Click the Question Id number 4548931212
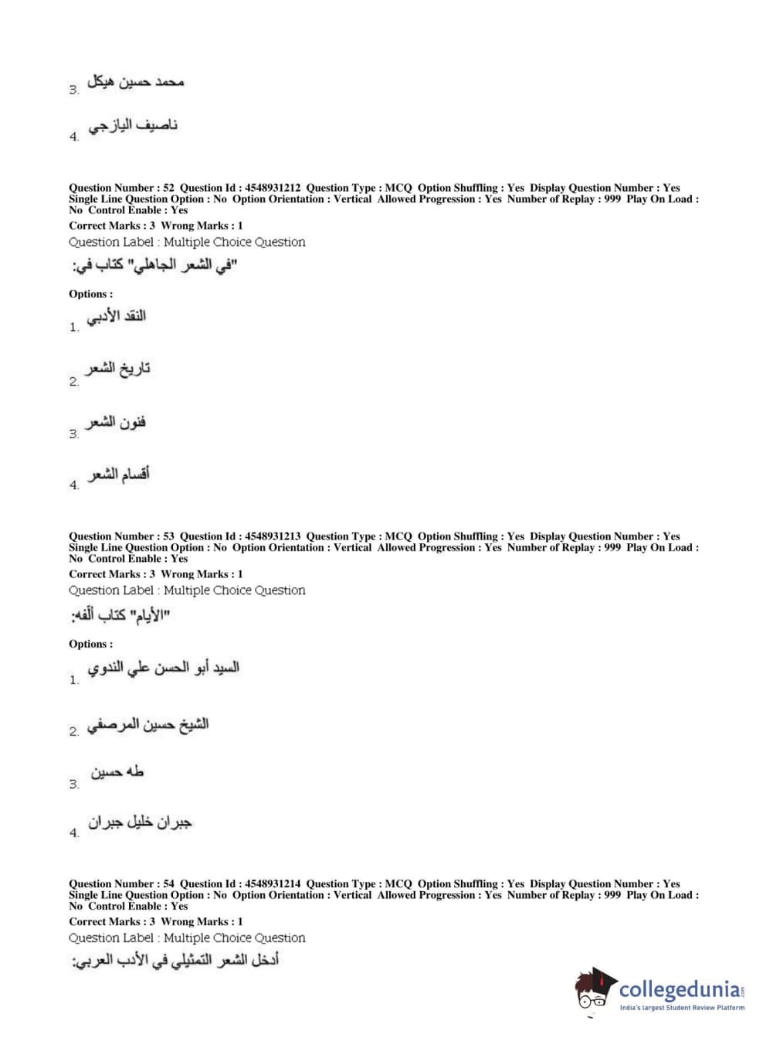pyautogui.click(x=273, y=188)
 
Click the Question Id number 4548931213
pyautogui.click(x=273, y=536)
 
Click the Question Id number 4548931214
pyautogui.click(x=273, y=884)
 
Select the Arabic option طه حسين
pyautogui.click(x=117, y=772)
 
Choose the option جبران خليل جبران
pyautogui.click(x=139, y=823)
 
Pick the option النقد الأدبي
pyautogui.click(x=116, y=317)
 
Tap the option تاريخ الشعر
pyautogui.click(x=117, y=369)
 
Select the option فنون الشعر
pyautogui.click(x=116, y=423)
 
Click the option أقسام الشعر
pyautogui.click(x=118, y=474)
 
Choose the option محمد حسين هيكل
pyautogui.click(x=135, y=82)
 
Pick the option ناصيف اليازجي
pyautogui.click(x=133, y=126)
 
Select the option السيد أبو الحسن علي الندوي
pyautogui.click(x=163, y=669)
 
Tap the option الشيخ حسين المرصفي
pyautogui.click(x=147, y=725)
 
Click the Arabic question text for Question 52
pyautogui.click(x=154, y=267)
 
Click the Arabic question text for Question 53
pyautogui.click(x=120, y=616)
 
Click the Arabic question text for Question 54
pyautogui.click(x=175, y=961)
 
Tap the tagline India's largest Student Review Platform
pyautogui.click(x=682, y=1008)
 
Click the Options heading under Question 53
pyautogui.click(x=90, y=644)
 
